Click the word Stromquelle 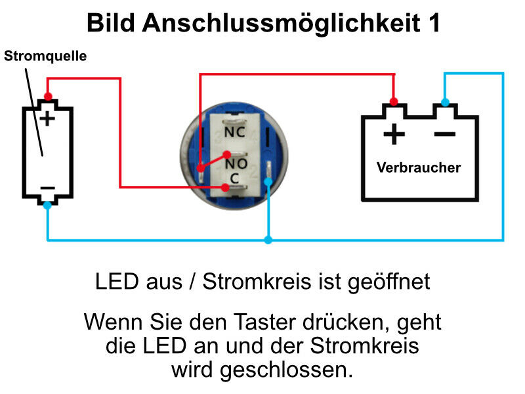45,56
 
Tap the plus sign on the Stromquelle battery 47,118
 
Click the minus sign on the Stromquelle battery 47,188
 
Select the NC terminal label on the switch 236,131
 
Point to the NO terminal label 236,162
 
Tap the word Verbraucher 419,167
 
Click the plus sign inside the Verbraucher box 394,135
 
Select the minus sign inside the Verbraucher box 444,135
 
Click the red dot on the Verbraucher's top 394,102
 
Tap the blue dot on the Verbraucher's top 445,102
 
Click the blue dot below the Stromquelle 47,205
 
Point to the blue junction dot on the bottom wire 268,240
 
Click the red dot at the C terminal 226,188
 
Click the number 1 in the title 433,24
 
